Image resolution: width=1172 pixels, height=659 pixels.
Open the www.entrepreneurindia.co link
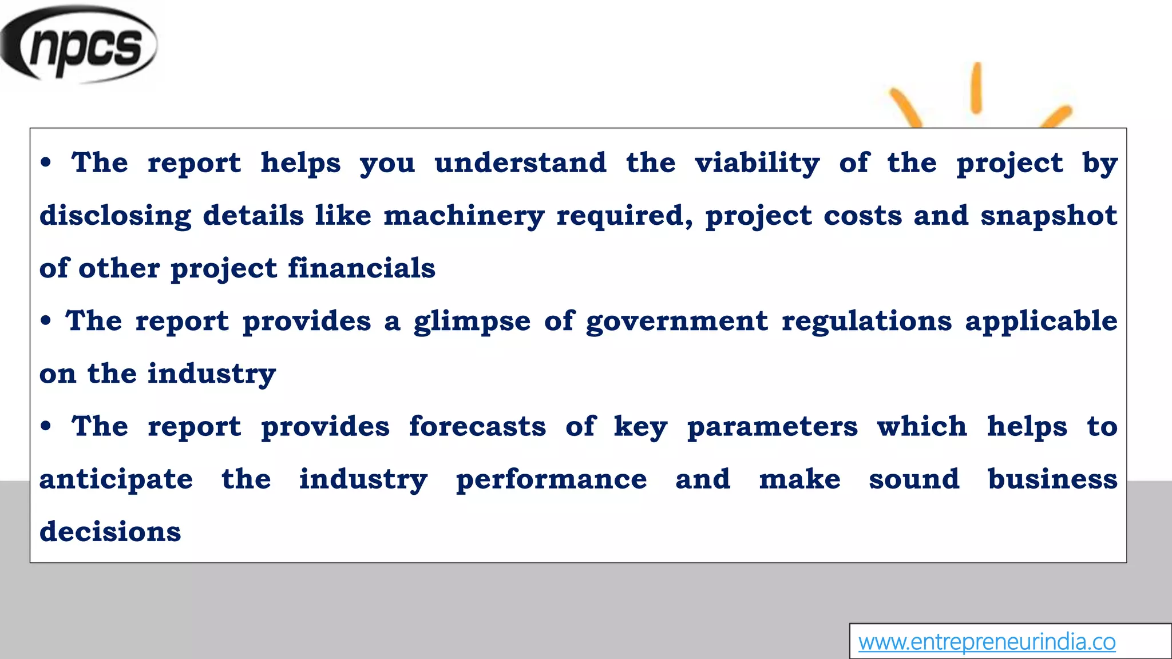tap(987, 642)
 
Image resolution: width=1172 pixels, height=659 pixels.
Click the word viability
tap(757, 163)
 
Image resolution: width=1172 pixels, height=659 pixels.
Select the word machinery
tap(464, 216)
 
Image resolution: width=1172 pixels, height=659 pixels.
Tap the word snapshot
tap(1048, 216)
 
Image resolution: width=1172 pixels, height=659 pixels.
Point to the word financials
tap(361, 268)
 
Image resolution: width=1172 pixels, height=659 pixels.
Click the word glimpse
tap(472, 321)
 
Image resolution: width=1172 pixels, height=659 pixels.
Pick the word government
tap(676, 321)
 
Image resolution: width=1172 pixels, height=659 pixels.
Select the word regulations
tap(866, 321)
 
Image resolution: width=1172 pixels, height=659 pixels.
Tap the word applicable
tap(1041, 321)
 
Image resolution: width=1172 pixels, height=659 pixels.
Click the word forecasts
tap(477, 427)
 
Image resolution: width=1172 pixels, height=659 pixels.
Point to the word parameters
tap(772, 427)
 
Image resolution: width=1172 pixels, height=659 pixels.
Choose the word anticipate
tap(116, 479)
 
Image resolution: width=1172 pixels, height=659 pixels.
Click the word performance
tap(551, 479)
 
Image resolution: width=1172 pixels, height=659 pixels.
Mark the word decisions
tap(110, 532)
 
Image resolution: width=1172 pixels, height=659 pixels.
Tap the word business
tap(1052, 479)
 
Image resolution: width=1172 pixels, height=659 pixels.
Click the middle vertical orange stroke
tap(976, 88)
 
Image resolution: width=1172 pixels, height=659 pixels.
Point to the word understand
tap(520, 163)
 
